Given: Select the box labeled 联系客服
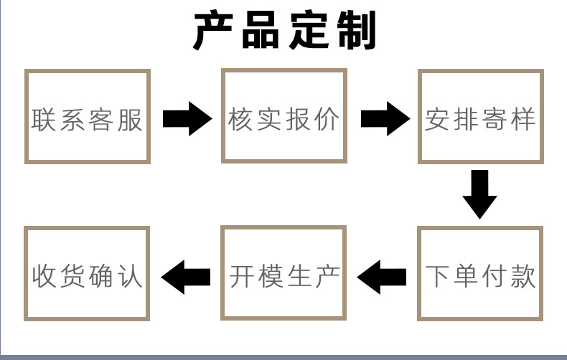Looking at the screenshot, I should pyautogui.click(x=88, y=117).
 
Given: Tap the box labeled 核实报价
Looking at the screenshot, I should pyautogui.click(x=284, y=117).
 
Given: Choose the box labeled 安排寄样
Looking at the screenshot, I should pyautogui.click(x=481, y=117).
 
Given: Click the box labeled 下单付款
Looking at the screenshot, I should pyautogui.click(x=481, y=274).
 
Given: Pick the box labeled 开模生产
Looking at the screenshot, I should pyautogui.click(x=284, y=274).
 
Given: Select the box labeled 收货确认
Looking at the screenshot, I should pyautogui.click(x=88, y=274).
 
